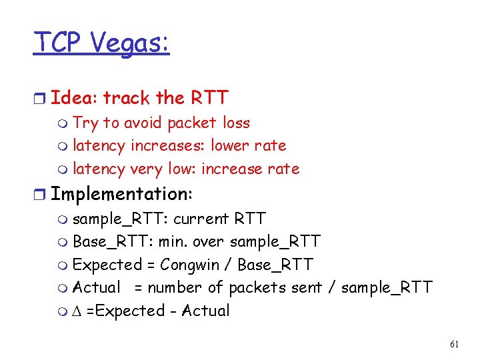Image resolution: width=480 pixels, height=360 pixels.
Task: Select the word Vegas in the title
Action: [x=129, y=43]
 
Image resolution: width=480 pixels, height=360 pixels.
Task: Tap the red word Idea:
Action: [x=74, y=98]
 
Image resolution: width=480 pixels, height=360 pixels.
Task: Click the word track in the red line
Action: [x=126, y=98]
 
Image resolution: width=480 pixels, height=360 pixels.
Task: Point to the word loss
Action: [x=237, y=123]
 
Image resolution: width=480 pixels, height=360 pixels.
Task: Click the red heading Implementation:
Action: [x=121, y=194]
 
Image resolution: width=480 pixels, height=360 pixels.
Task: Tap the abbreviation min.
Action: [x=172, y=241]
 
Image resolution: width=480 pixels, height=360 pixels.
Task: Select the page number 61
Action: [x=455, y=345]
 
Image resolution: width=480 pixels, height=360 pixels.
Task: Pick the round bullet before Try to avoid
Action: [x=63, y=124]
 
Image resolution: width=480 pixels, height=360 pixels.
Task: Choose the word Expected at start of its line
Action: [x=107, y=265]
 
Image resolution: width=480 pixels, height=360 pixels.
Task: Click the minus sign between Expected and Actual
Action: [x=173, y=311]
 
